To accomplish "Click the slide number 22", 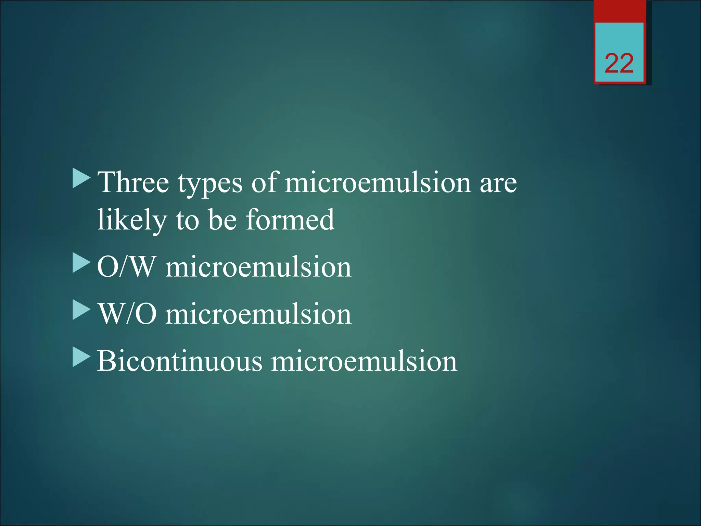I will (619, 64).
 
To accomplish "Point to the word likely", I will (132, 221).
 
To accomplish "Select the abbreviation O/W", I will (126, 267).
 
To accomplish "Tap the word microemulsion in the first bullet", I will (378, 183).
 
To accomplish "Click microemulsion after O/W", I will (258, 267).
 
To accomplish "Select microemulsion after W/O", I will (258, 315).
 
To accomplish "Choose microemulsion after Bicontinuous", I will (364, 362).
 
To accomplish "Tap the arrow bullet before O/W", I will (81, 264).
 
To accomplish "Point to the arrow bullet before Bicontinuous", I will (81, 358).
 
